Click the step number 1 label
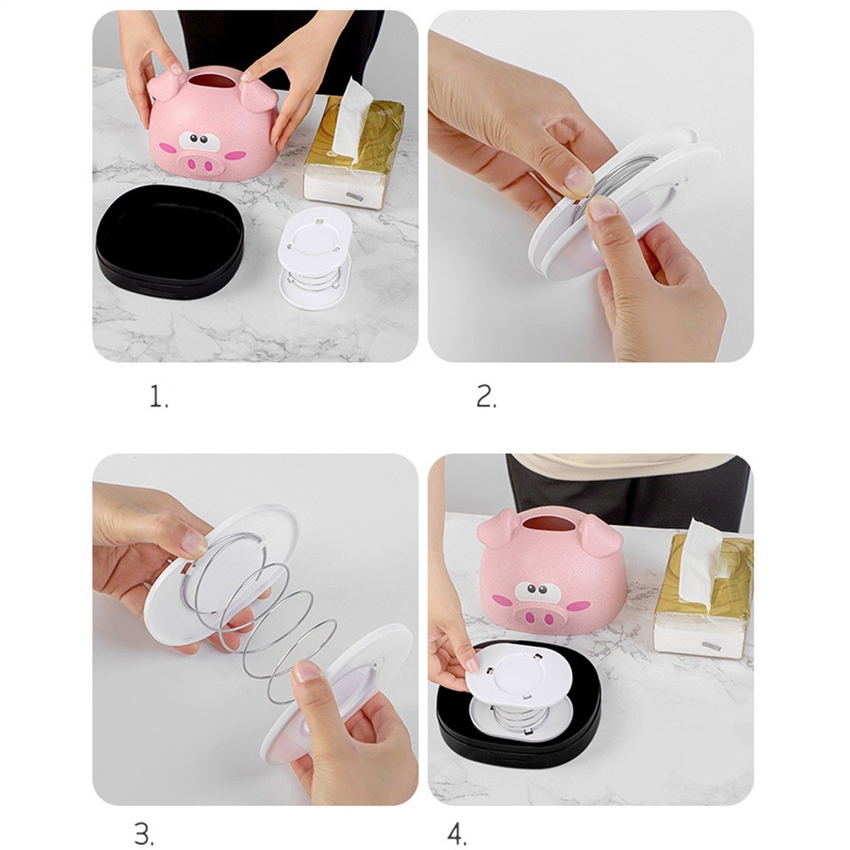pos(158,398)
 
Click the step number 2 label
pos(485,396)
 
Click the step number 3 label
pos(144,833)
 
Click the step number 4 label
pos(457,834)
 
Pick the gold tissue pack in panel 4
pos(703,595)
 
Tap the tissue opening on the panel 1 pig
pos(210,82)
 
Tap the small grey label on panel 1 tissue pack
pos(354,198)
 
